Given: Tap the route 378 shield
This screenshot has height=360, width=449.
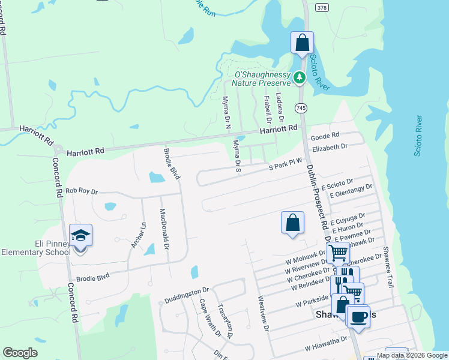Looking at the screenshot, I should (x=322, y=7).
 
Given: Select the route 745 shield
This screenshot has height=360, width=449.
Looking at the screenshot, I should (x=301, y=107).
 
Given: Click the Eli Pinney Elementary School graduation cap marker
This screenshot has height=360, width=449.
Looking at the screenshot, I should (x=80, y=236).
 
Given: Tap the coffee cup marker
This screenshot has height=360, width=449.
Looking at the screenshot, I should (x=358, y=316).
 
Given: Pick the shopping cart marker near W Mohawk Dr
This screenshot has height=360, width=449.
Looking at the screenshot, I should (x=338, y=253).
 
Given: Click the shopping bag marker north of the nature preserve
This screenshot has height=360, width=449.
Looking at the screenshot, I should (x=302, y=43).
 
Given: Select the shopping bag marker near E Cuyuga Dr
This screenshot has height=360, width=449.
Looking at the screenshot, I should (x=292, y=223).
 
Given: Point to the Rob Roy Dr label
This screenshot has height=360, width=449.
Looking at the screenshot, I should (x=81, y=191).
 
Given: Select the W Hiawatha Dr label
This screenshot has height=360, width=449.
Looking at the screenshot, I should (x=326, y=343).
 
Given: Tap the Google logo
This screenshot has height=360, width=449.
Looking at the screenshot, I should (x=20, y=353).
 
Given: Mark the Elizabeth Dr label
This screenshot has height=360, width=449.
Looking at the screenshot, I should (x=330, y=147).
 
